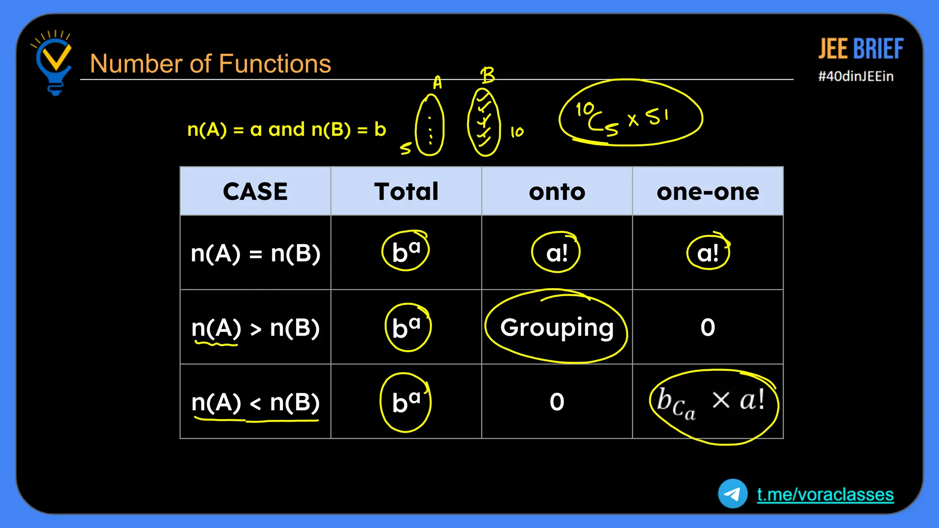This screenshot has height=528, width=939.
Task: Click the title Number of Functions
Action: (x=210, y=63)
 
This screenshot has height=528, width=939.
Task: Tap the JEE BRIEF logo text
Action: (x=861, y=49)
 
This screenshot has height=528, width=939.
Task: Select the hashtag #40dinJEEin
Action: (x=856, y=76)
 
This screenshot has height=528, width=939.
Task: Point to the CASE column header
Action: (x=255, y=191)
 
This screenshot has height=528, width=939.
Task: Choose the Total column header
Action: (x=406, y=191)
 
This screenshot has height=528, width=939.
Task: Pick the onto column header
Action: (x=557, y=192)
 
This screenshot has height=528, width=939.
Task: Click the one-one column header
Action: (x=708, y=192)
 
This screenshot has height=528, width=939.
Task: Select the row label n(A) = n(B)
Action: (x=255, y=253)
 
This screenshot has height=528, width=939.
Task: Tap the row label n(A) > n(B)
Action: (x=255, y=328)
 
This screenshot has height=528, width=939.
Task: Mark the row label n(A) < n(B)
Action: (x=255, y=402)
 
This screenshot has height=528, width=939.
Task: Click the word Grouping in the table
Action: (x=557, y=327)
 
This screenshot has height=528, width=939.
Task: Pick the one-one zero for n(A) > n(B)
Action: (x=707, y=327)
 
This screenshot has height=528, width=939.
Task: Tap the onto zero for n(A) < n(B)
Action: (x=557, y=402)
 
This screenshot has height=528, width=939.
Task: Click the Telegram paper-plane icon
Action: (x=733, y=494)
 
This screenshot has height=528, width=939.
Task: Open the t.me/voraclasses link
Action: (x=825, y=495)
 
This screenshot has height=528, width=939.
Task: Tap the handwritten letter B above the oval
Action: (x=487, y=75)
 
